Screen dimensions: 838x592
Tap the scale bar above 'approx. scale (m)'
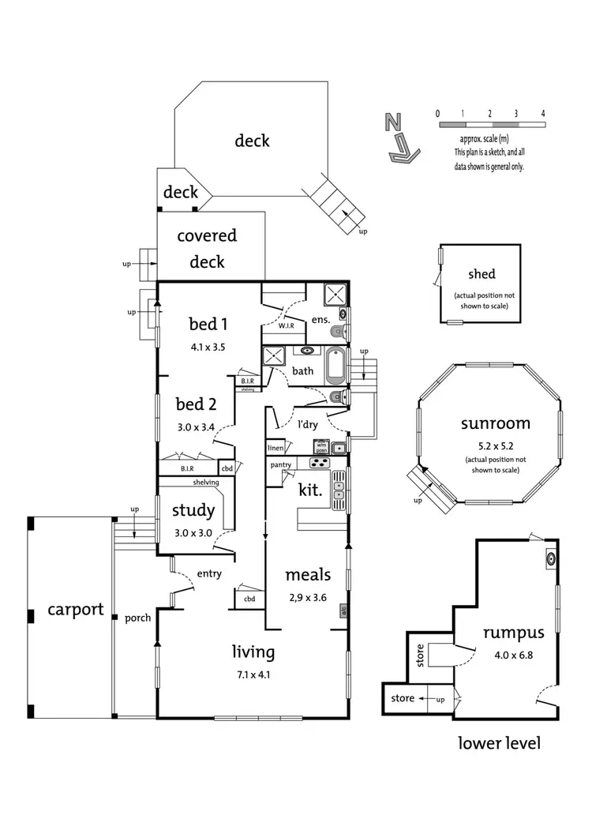(x=490, y=125)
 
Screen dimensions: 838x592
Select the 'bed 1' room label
(x=208, y=324)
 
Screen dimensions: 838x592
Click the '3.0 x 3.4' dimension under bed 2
(x=196, y=427)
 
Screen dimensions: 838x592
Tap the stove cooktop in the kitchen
(x=320, y=463)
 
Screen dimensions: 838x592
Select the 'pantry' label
(x=281, y=465)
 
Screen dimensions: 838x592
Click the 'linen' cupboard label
(x=275, y=448)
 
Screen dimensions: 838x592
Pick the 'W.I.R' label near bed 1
(x=287, y=325)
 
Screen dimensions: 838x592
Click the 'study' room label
(x=193, y=511)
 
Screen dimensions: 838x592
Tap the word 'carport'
(x=75, y=609)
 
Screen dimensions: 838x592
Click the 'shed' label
(x=481, y=274)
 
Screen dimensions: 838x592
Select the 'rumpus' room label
(x=514, y=632)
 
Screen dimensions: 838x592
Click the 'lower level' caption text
(x=499, y=743)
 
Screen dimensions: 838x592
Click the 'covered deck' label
(x=206, y=248)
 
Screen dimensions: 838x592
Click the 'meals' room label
(x=307, y=575)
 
